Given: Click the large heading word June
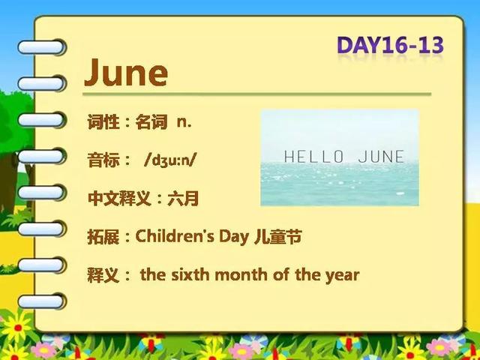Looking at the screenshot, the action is [126, 73].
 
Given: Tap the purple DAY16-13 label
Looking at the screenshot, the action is [390, 45].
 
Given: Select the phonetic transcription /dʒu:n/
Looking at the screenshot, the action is [169, 160].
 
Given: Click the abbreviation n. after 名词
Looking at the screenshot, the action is [184, 122].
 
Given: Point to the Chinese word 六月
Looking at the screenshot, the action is [183, 198].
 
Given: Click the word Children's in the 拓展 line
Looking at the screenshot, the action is [175, 236].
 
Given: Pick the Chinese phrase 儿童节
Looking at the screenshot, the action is [278, 237].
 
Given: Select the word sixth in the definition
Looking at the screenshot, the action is [188, 274].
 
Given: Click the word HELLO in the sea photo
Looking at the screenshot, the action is [313, 157].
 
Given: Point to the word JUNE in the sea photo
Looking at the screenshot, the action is [381, 157].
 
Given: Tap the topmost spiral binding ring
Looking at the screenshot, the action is [41, 47].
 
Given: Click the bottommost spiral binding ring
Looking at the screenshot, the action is [41, 301].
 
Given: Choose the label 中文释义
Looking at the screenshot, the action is [119, 198].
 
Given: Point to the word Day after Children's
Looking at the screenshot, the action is [233, 237].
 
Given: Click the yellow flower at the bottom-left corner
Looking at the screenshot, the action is [17, 327].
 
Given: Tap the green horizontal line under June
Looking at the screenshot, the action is [256, 94].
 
